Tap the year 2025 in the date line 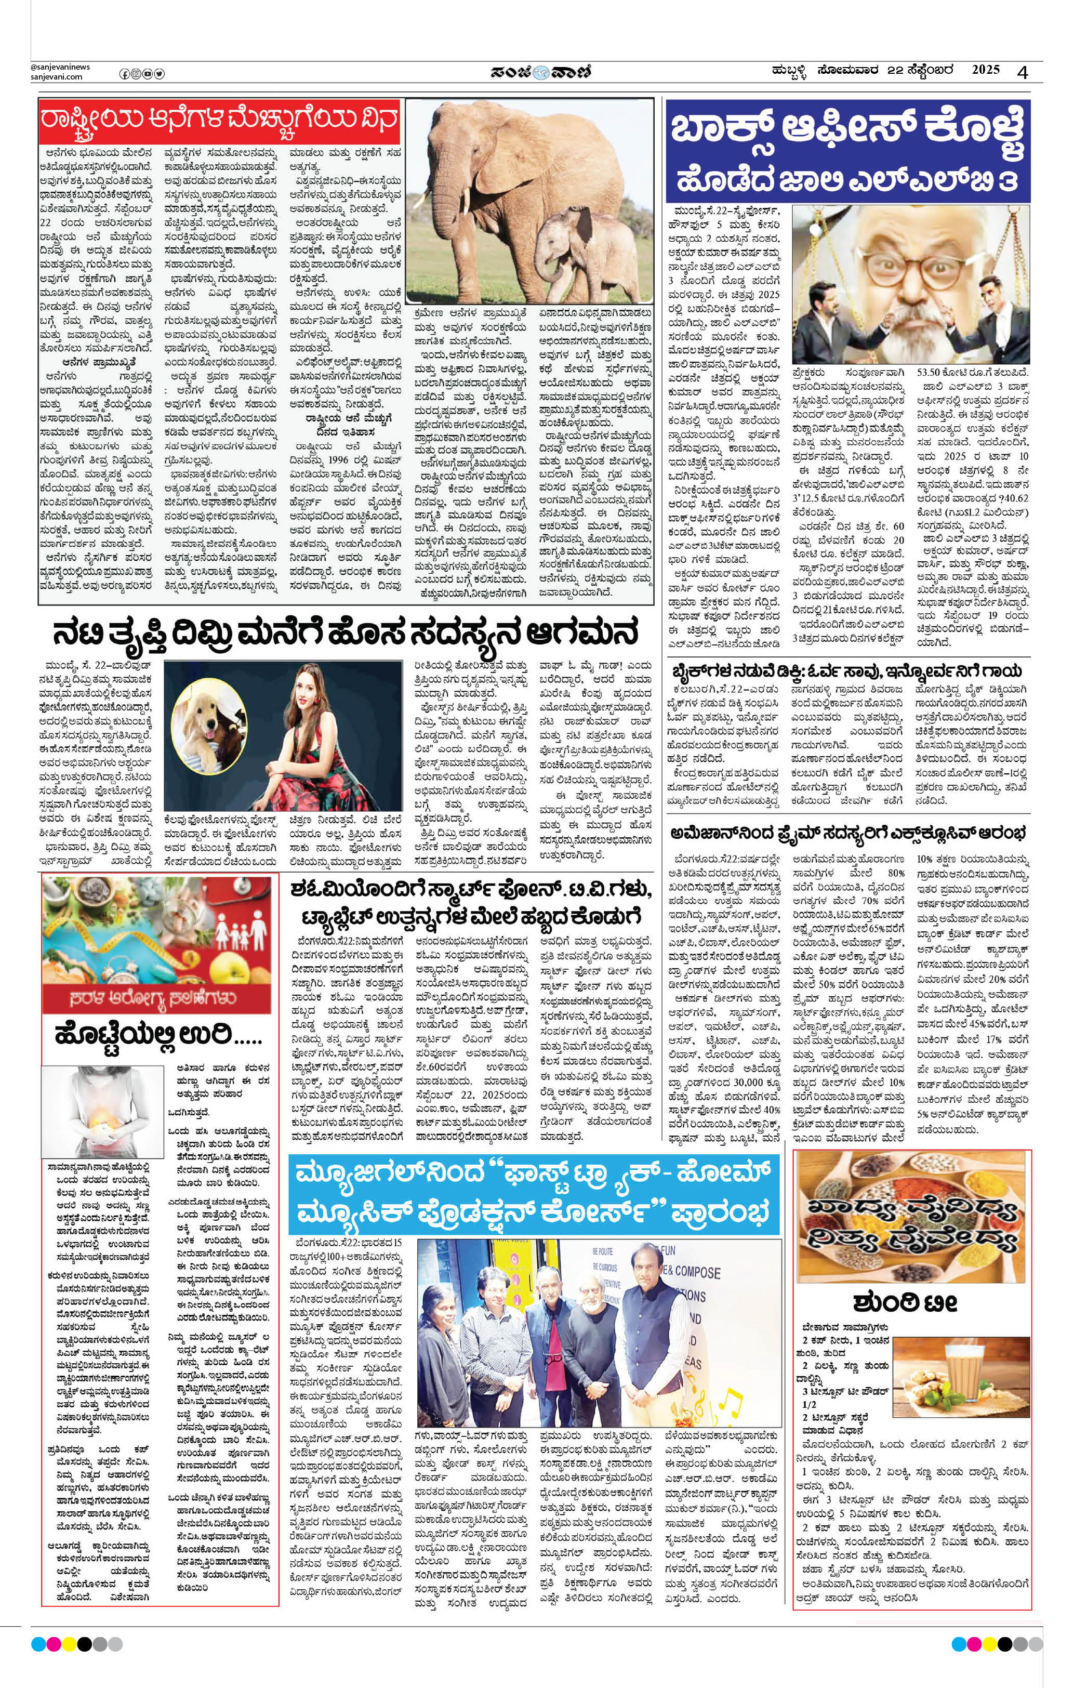point(985,70)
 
